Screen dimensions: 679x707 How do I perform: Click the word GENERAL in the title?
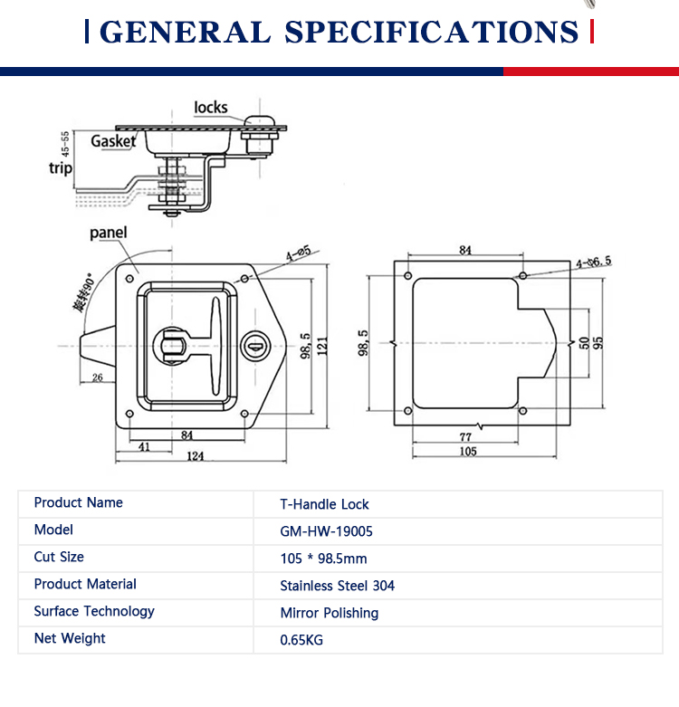pos(185,32)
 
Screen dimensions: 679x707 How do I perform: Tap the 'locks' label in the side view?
pos(211,108)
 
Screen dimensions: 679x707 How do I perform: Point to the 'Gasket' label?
pos(113,141)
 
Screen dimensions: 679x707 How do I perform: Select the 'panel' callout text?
pos(109,233)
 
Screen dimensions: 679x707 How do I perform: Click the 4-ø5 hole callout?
pos(299,253)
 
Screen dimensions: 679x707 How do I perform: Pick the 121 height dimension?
pos(322,347)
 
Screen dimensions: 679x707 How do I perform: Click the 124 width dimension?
pos(196,456)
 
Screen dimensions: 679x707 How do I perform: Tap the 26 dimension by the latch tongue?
pos(98,377)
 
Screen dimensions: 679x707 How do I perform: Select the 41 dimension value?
pos(144,447)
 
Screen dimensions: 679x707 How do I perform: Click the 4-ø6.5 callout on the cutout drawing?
pos(594,262)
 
